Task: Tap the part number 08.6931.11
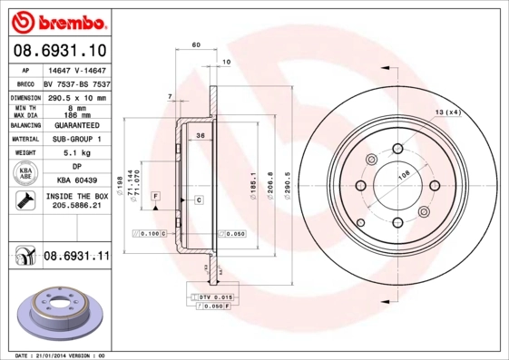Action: (76, 258)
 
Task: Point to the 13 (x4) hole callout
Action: (447, 112)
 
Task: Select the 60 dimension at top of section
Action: (195, 44)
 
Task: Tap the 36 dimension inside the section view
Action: (200, 136)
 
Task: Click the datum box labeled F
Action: (155, 196)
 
